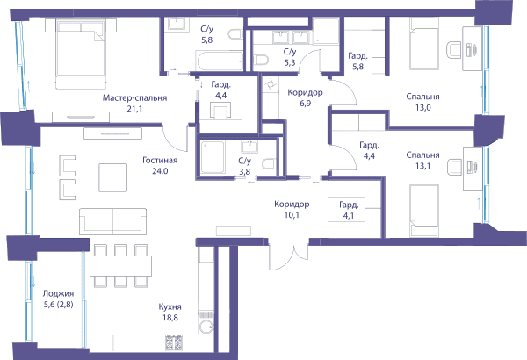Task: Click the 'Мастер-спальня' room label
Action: (134, 97)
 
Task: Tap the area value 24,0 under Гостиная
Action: (160, 171)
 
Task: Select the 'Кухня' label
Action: (170, 306)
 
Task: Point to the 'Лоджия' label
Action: (58, 293)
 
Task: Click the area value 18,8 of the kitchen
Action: (170, 317)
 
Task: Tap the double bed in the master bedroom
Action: (81, 54)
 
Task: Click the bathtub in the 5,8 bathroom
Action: (220, 61)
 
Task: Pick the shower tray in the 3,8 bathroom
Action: (213, 157)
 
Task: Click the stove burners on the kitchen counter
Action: (174, 342)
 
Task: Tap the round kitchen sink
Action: (206, 327)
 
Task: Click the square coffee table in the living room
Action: (113, 177)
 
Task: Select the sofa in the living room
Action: (113, 221)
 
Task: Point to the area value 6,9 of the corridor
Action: (305, 104)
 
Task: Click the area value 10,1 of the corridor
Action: (292, 215)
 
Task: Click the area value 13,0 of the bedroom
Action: (422, 107)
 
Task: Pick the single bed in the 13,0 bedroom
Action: (424, 44)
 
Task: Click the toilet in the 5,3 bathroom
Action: (261, 61)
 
